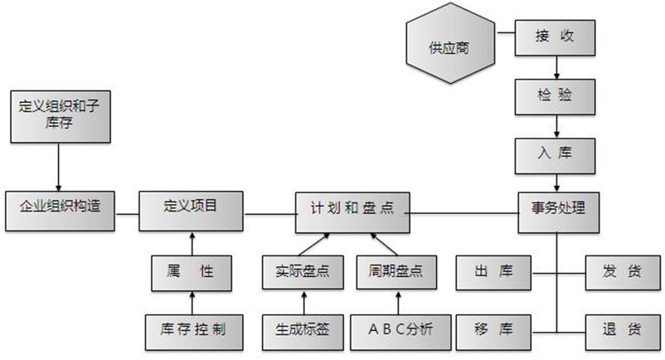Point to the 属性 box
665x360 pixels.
[192, 271]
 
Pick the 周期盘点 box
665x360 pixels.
[396, 271]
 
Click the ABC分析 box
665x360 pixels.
[396, 330]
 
